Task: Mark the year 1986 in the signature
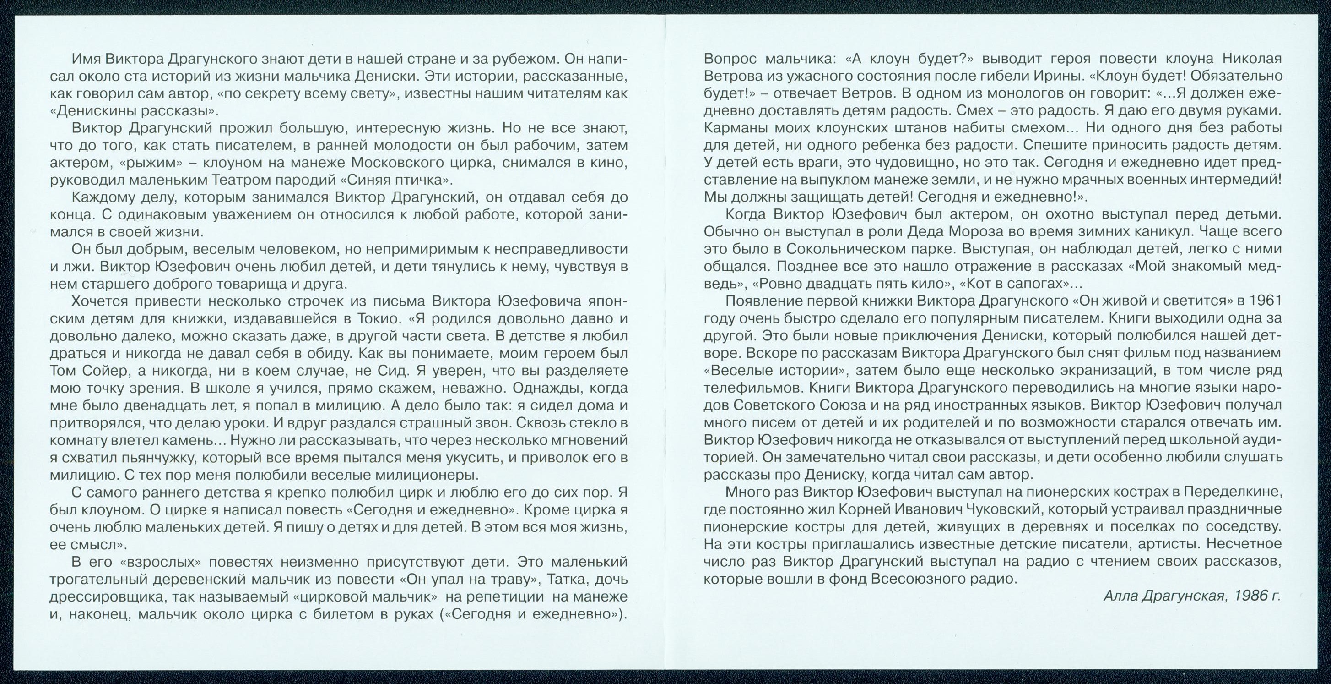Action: tap(1242, 596)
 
